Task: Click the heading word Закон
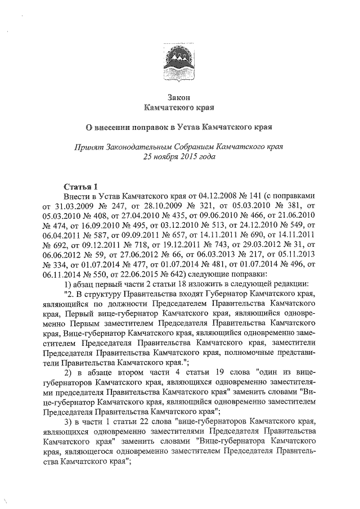pyautogui.click(x=179, y=97)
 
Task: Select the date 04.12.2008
pyautogui.click(x=194, y=197)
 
